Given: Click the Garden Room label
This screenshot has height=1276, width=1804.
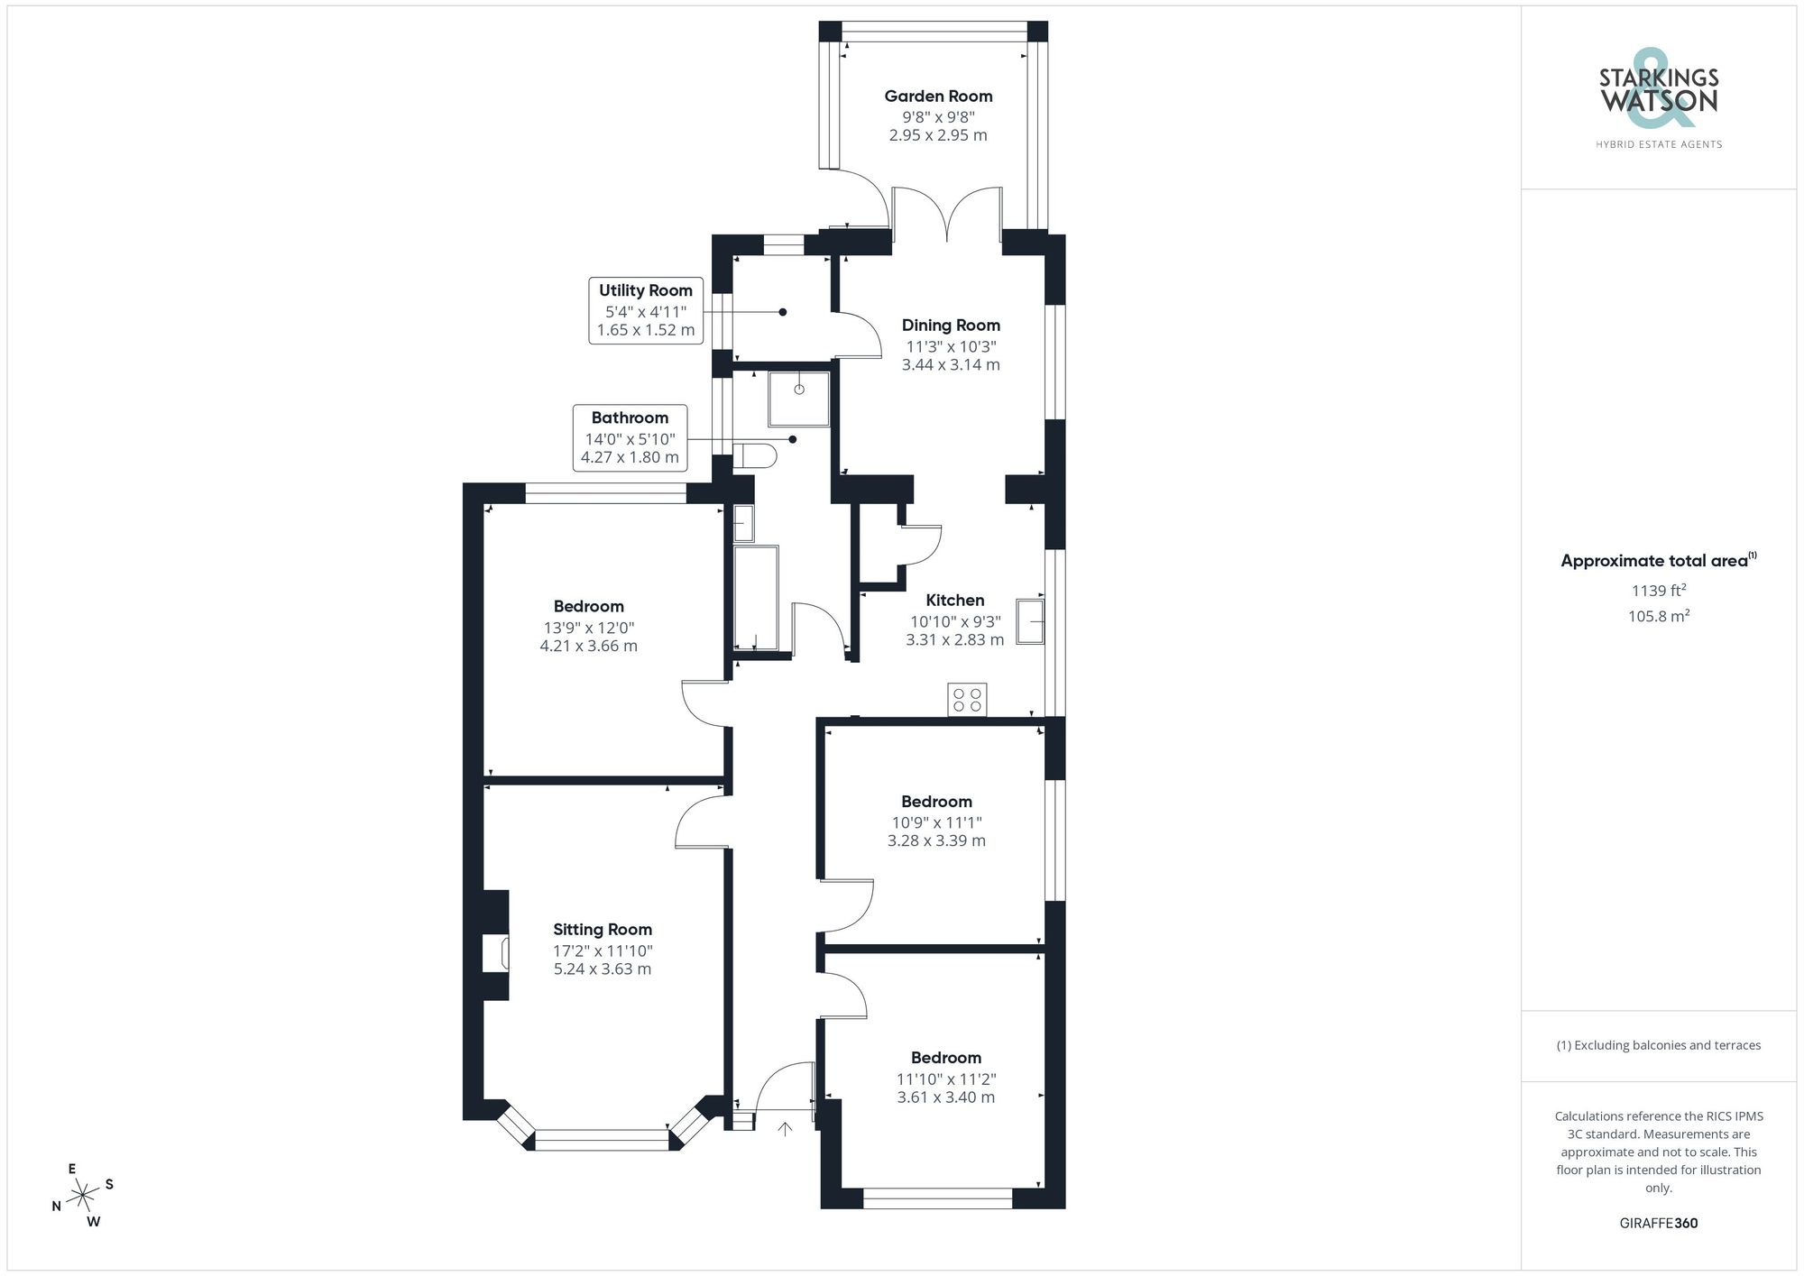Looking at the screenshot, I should (938, 96).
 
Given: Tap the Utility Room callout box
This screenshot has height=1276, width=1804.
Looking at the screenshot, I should (646, 310).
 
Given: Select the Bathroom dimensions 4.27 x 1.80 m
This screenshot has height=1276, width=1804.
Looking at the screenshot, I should (630, 457).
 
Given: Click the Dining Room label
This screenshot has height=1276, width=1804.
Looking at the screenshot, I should (951, 326).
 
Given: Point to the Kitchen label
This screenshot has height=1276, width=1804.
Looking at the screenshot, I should (954, 601).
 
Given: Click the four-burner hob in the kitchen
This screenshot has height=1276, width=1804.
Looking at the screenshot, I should (967, 700).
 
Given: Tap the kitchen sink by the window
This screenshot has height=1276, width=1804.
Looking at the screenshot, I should (1030, 621).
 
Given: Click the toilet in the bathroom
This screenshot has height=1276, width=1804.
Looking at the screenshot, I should (756, 456).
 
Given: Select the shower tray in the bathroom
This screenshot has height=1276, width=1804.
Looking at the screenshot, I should (798, 399).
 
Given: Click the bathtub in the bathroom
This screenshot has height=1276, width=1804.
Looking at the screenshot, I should (756, 597).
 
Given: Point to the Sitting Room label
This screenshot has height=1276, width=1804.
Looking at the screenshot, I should (603, 930).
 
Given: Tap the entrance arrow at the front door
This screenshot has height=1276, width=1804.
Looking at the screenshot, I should (785, 1128).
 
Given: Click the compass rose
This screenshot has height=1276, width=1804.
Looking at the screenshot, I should (83, 1196).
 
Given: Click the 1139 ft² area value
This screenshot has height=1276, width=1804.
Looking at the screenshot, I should (1658, 591).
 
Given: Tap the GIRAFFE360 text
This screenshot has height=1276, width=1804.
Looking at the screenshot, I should (1658, 1223).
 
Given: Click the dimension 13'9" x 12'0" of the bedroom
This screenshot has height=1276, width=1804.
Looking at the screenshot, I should (588, 628).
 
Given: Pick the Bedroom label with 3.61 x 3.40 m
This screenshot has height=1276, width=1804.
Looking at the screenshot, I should (945, 1058).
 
